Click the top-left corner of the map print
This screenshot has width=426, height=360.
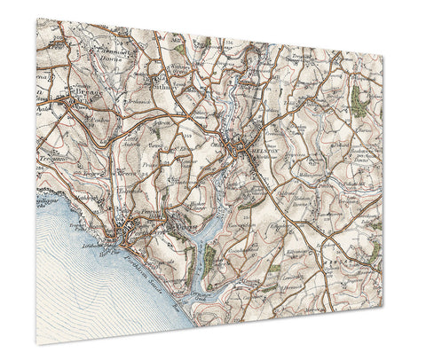click(37, 18)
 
